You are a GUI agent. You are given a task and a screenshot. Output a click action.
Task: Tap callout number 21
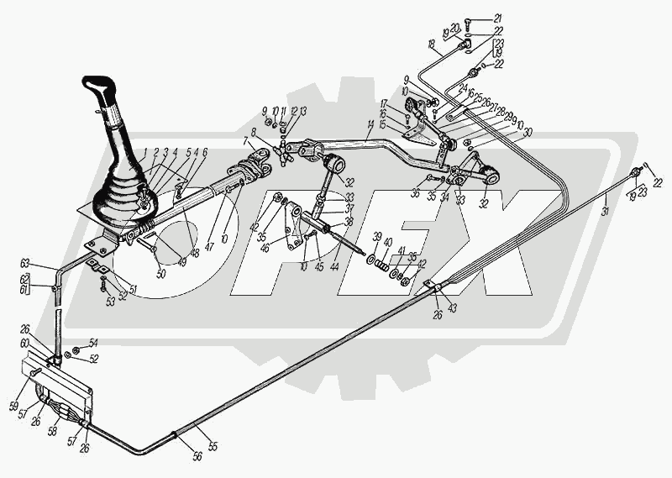pos(497,18)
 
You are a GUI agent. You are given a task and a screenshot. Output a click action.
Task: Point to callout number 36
pos(415,193)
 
